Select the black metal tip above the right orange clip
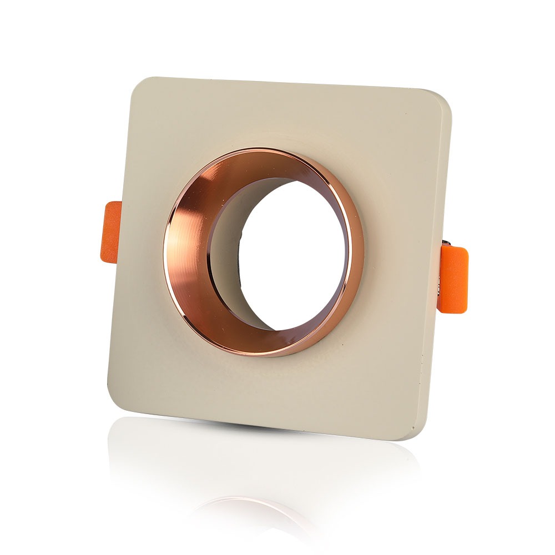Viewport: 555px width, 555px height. [x=447, y=243]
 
